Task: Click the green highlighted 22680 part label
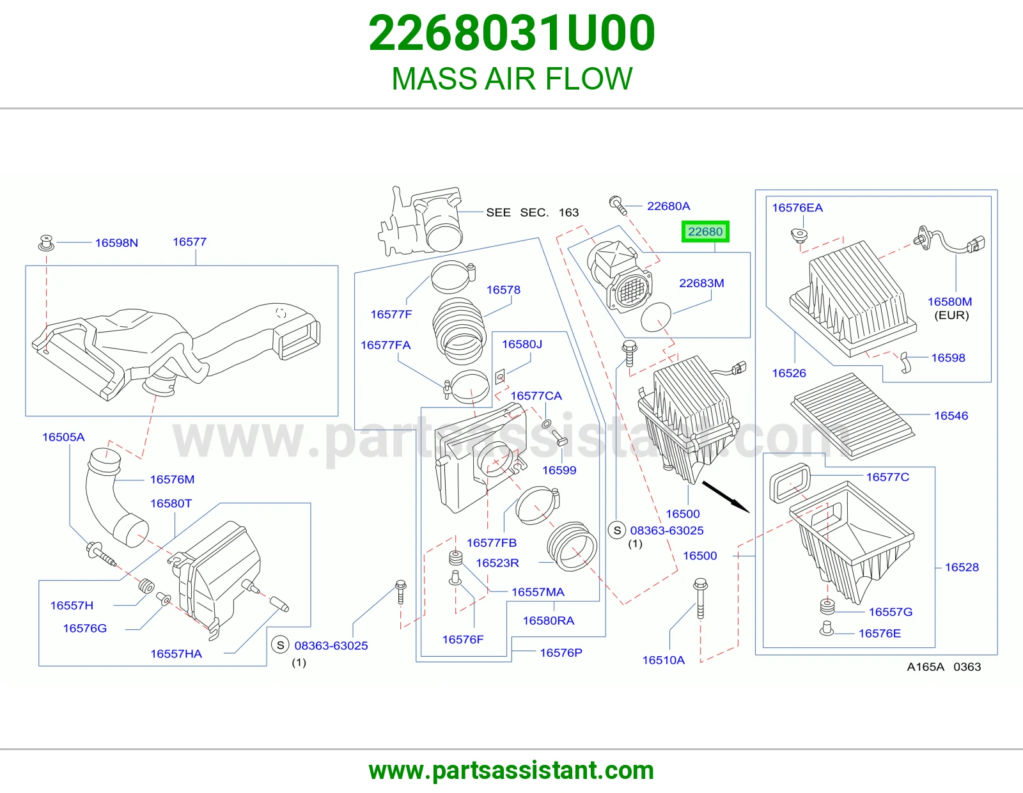tap(705, 232)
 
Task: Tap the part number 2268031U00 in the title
tap(511, 33)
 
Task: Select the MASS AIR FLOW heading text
tap(511, 78)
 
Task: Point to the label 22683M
tap(701, 283)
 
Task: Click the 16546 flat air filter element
tap(853, 415)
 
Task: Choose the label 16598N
tap(116, 242)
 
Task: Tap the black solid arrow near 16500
tap(726, 497)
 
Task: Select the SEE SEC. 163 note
tap(532, 212)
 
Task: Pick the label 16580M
tap(949, 301)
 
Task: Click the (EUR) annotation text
tap(951, 315)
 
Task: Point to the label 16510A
tap(663, 660)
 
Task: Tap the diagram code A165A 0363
tap(944, 666)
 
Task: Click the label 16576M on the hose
tap(172, 480)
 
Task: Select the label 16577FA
tap(386, 345)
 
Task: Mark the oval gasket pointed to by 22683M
tap(656, 317)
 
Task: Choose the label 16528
tap(962, 567)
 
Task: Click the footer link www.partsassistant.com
tap(511, 771)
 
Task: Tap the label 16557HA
tap(176, 654)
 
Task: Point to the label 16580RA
tap(549, 620)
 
